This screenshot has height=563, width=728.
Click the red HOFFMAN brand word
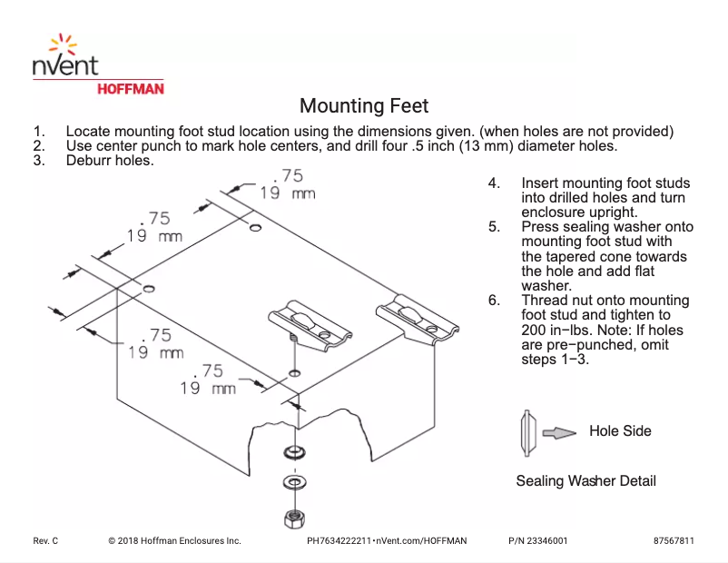click(x=130, y=89)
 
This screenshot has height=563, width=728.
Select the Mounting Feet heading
click(x=364, y=106)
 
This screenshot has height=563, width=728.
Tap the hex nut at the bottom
click(x=293, y=519)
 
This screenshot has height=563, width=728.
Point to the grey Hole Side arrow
click(x=559, y=433)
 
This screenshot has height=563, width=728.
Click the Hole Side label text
click(x=620, y=430)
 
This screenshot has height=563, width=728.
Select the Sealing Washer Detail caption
click(x=585, y=480)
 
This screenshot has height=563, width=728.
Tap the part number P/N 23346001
click(x=538, y=540)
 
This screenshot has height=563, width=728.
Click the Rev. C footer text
click(x=45, y=540)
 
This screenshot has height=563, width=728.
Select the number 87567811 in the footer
click(x=674, y=540)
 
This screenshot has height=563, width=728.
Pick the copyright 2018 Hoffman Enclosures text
click(x=174, y=540)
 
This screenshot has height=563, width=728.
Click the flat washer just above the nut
click(x=293, y=480)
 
